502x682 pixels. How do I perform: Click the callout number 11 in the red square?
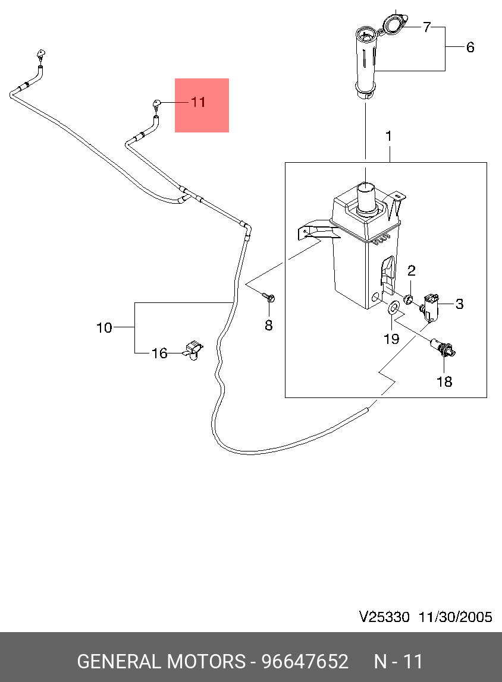198,102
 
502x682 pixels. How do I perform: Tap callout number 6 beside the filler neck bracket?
470,48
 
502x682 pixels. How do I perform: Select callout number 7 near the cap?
426,27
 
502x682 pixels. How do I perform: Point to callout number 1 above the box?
388,137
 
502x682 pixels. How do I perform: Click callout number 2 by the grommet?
411,271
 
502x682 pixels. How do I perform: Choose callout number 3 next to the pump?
459,304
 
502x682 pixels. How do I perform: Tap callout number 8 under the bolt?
268,325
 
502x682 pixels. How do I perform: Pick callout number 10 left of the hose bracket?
104,327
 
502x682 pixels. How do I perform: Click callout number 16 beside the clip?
159,353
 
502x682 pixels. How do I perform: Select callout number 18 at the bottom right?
444,381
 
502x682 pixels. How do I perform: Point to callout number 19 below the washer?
391,339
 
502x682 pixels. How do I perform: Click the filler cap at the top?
393,24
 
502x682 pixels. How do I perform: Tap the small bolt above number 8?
268,297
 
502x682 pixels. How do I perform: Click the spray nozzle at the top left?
40,55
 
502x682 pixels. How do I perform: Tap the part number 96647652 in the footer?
305,661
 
